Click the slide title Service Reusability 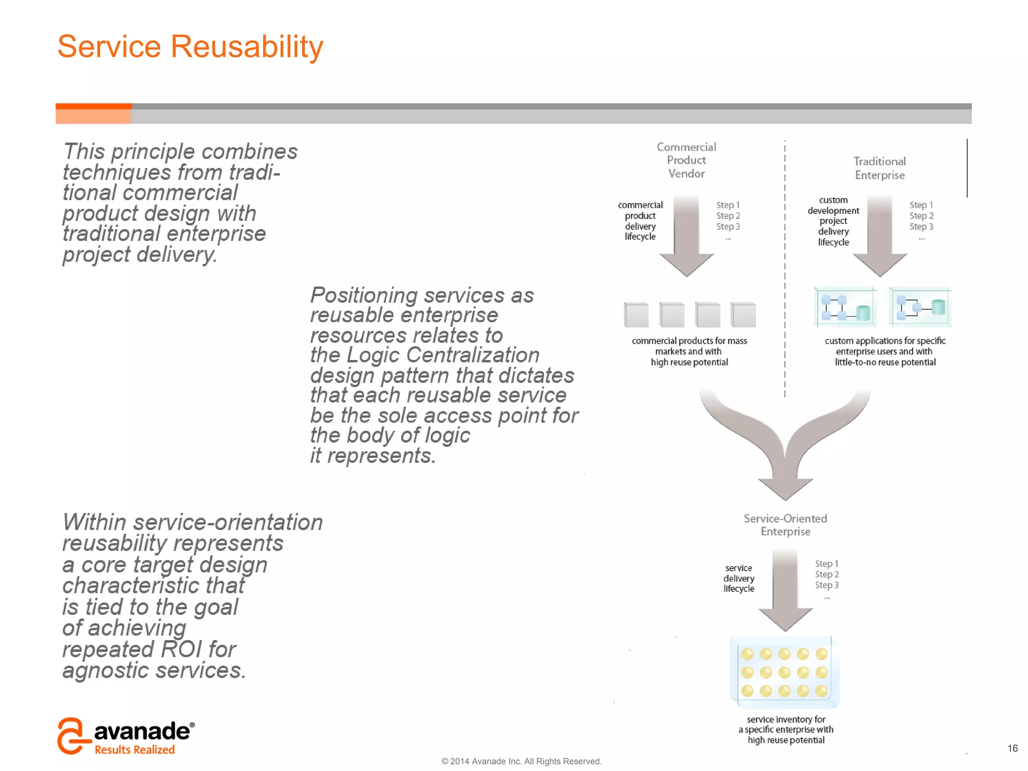pos(190,47)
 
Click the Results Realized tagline pos(135,749)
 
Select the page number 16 pos(1012,748)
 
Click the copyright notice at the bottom pos(521,761)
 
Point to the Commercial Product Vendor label pos(686,160)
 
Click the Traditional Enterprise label pos(879,168)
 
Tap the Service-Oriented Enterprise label pos(785,525)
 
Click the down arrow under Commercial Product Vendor pos(686,236)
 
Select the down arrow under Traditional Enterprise pos(879,236)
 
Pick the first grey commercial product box pos(636,315)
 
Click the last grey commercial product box pos(743,315)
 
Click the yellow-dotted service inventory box pos(784,672)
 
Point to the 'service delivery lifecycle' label pos(738,578)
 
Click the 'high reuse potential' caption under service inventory pos(786,740)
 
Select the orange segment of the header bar pos(93,113)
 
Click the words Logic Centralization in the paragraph pos(443,355)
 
